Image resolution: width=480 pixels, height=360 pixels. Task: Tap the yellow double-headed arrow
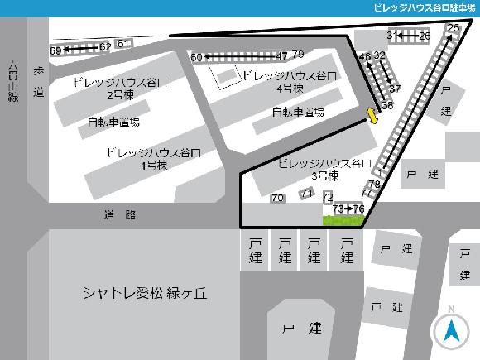pos(372,117)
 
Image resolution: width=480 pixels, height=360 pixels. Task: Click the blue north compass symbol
pos(451,332)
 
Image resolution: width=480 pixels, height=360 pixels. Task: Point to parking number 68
pos(55,51)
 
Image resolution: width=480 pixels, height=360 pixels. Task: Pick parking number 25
pos(452,28)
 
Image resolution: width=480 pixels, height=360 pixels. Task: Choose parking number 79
pos(298,54)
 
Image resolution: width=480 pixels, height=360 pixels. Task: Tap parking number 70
pos(277,198)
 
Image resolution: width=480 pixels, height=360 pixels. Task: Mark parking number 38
pos(386,105)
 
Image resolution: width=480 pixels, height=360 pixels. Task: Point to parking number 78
pos(374,184)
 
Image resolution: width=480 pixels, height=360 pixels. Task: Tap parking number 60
pos(196,58)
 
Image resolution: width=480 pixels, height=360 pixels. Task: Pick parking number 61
pos(124,43)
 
